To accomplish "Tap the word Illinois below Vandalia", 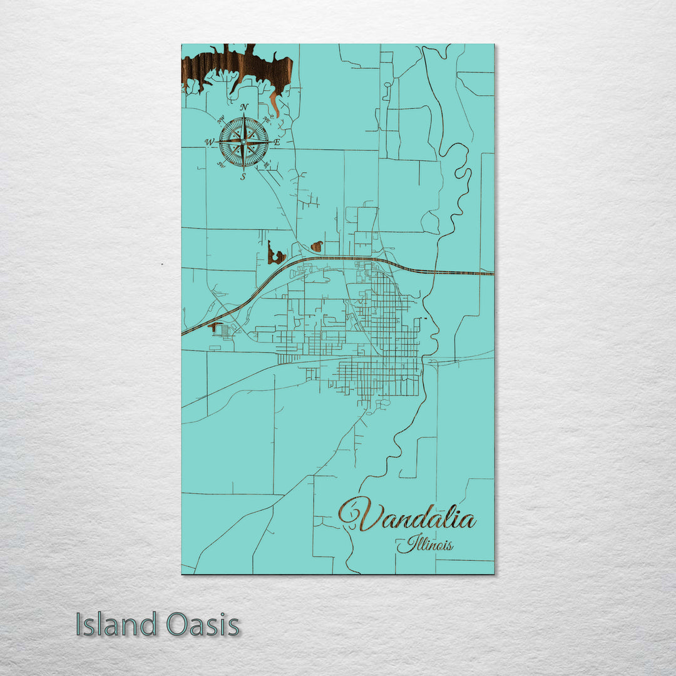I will pos(426,544).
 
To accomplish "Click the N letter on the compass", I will pos(245,107).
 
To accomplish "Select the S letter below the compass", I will pos(243,177).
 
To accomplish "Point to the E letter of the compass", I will pos(277,143).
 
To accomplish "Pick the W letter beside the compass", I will pos(209,142).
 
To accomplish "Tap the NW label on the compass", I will pos(220,120).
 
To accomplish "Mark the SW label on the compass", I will pos(220,165).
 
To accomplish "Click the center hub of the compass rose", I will pos(243,142).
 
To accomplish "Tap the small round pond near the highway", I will pos(317,246).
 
